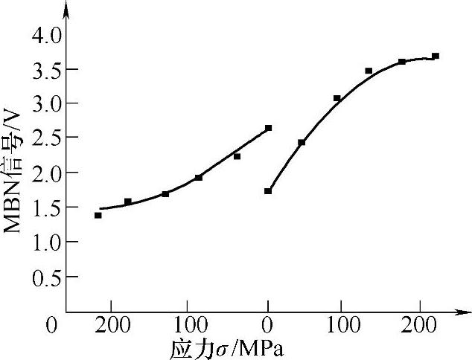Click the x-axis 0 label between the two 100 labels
click(x=267, y=325)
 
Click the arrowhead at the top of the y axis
click(x=66, y=9)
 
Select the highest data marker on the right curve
click(x=436, y=56)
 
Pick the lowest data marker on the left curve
click(x=98, y=215)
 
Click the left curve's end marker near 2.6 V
click(x=268, y=128)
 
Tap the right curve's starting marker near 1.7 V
click(x=268, y=191)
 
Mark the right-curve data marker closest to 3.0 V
click(x=337, y=98)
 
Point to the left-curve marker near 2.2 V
click(x=237, y=156)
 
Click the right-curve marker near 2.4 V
click(x=302, y=142)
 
